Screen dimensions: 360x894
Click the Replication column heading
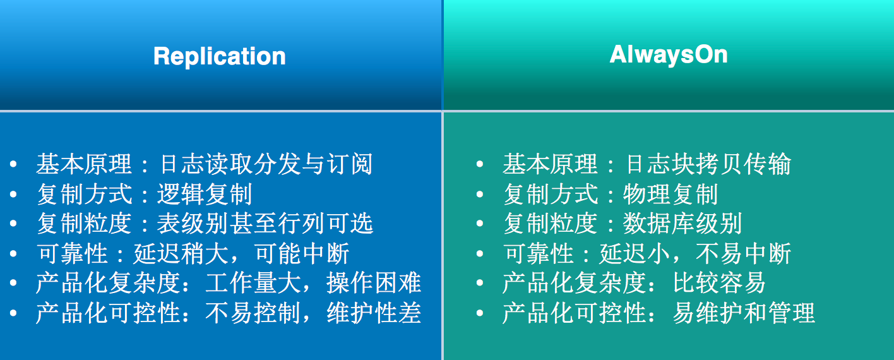point(220,56)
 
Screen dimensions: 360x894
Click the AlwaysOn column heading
point(669,54)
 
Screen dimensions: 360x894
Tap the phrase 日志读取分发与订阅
point(266,165)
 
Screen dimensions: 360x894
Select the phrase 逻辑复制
point(205,195)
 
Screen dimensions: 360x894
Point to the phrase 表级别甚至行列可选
point(265,224)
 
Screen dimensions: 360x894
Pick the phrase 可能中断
point(302,254)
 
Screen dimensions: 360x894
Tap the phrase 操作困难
point(374,284)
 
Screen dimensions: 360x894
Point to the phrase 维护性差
point(374,314)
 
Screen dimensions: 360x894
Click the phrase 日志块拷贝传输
point(708,165)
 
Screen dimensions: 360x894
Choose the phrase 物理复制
point(670,195)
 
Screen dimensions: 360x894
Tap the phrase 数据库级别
point(682,224)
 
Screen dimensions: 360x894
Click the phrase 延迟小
point(635,254)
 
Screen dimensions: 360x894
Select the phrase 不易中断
point(743,254)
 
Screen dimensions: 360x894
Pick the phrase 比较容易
point(719,284)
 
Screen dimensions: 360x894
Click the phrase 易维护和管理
point(744,314)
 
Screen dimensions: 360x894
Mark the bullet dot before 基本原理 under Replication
point(14,165)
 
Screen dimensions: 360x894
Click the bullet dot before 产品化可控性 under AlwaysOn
point(480,314)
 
